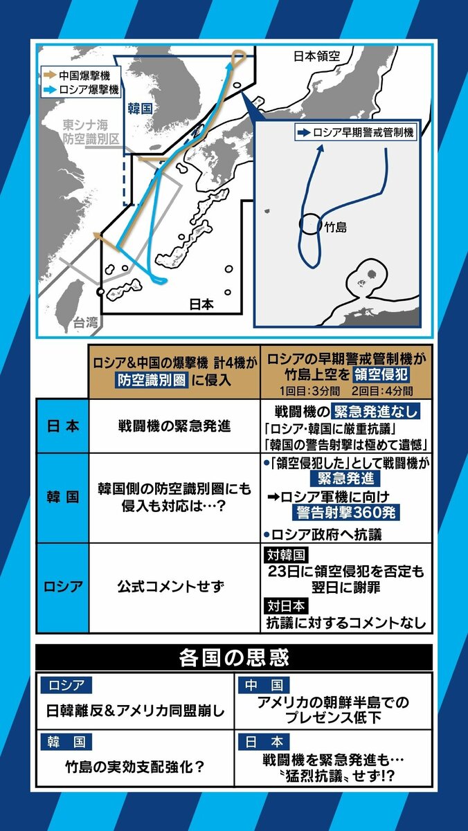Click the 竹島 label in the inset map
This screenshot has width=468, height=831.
click(335, 226)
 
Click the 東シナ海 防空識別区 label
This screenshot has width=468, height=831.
click(91, 132)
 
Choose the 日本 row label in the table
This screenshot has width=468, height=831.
click(62, 426)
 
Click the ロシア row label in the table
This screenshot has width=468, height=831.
click(62, 587)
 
